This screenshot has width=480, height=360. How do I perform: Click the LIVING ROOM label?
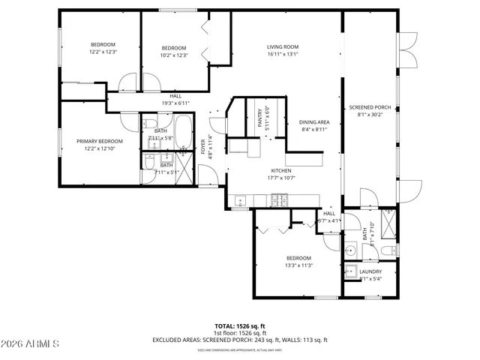(282, 47)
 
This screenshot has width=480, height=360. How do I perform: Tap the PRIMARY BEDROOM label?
(99, 141)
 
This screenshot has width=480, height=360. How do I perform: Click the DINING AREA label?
(314, 122)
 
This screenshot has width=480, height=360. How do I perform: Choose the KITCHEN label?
(280, 170)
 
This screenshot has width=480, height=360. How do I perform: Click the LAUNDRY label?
(370, 271)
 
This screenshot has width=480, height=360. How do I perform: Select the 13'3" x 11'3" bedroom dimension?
(298, 265)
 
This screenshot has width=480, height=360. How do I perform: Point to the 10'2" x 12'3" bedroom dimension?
(173, 55)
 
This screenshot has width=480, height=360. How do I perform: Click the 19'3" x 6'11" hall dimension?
(175, 103)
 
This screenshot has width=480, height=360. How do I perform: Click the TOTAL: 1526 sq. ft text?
(240, 326)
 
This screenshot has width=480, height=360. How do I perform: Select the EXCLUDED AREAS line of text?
(240, 340)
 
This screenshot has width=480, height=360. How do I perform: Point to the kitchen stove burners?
(280, 199)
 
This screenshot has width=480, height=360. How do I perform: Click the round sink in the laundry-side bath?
(350, 249)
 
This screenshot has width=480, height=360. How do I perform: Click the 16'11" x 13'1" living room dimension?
(282, 55)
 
